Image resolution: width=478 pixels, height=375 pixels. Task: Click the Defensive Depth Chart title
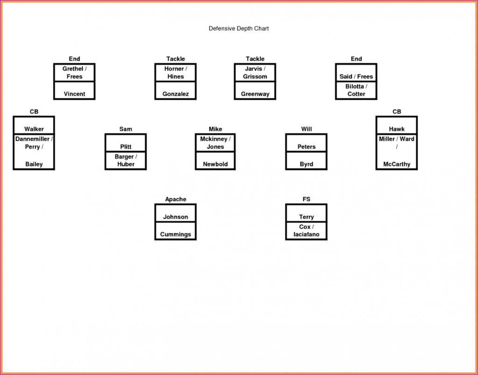pos(239,29)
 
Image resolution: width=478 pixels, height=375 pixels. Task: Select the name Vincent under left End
pos(75,94)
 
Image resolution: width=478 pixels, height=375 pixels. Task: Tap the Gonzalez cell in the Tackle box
pos(176,94)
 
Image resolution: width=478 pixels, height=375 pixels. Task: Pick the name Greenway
pos(255,94)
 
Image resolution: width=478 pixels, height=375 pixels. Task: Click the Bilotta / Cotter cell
pos(356,90)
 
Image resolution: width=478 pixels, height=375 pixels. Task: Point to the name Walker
pos(34,129)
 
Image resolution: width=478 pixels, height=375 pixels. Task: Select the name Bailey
pos(34,164)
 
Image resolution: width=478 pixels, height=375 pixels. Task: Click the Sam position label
pos(126,129)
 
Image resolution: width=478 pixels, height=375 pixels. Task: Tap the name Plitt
pos(126,147)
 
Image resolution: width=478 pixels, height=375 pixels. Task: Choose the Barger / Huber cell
pos(126,160)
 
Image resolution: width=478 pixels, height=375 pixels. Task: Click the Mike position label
pos(215,129)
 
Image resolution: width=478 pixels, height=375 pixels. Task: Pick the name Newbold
pos(215,164)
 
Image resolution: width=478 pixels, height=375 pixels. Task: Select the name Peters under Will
pos(306,147)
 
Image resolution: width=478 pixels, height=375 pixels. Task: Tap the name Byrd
pos(306,164)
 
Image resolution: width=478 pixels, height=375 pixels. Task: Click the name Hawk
pos(397,129)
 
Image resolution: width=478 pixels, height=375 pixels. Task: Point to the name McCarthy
pos(397,164)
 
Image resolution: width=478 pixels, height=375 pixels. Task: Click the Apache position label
pos(176,199)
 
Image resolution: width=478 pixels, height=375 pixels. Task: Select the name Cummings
pos(176,234)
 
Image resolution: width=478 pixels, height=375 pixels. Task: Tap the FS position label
pos(306,199)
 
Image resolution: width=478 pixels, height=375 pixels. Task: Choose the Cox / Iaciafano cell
pos(306,231)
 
